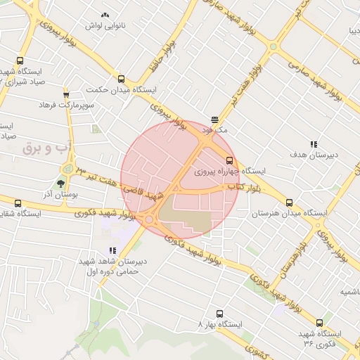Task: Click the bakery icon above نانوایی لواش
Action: click(105, 15)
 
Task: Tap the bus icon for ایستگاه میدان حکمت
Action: click(122, 79)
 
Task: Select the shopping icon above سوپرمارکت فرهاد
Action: click(66, 94)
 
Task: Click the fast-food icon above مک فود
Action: click(214, 119)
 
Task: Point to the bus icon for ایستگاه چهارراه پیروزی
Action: click(229, 161)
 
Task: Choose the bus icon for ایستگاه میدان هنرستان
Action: click(290, 202)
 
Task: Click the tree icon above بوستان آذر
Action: click(61, 184)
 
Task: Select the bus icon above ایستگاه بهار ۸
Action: click(220, 314)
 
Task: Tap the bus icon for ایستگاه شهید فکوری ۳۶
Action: click(320, 323)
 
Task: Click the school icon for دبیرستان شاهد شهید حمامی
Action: click(112, 250)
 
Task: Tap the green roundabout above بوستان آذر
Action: click(68, 168)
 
